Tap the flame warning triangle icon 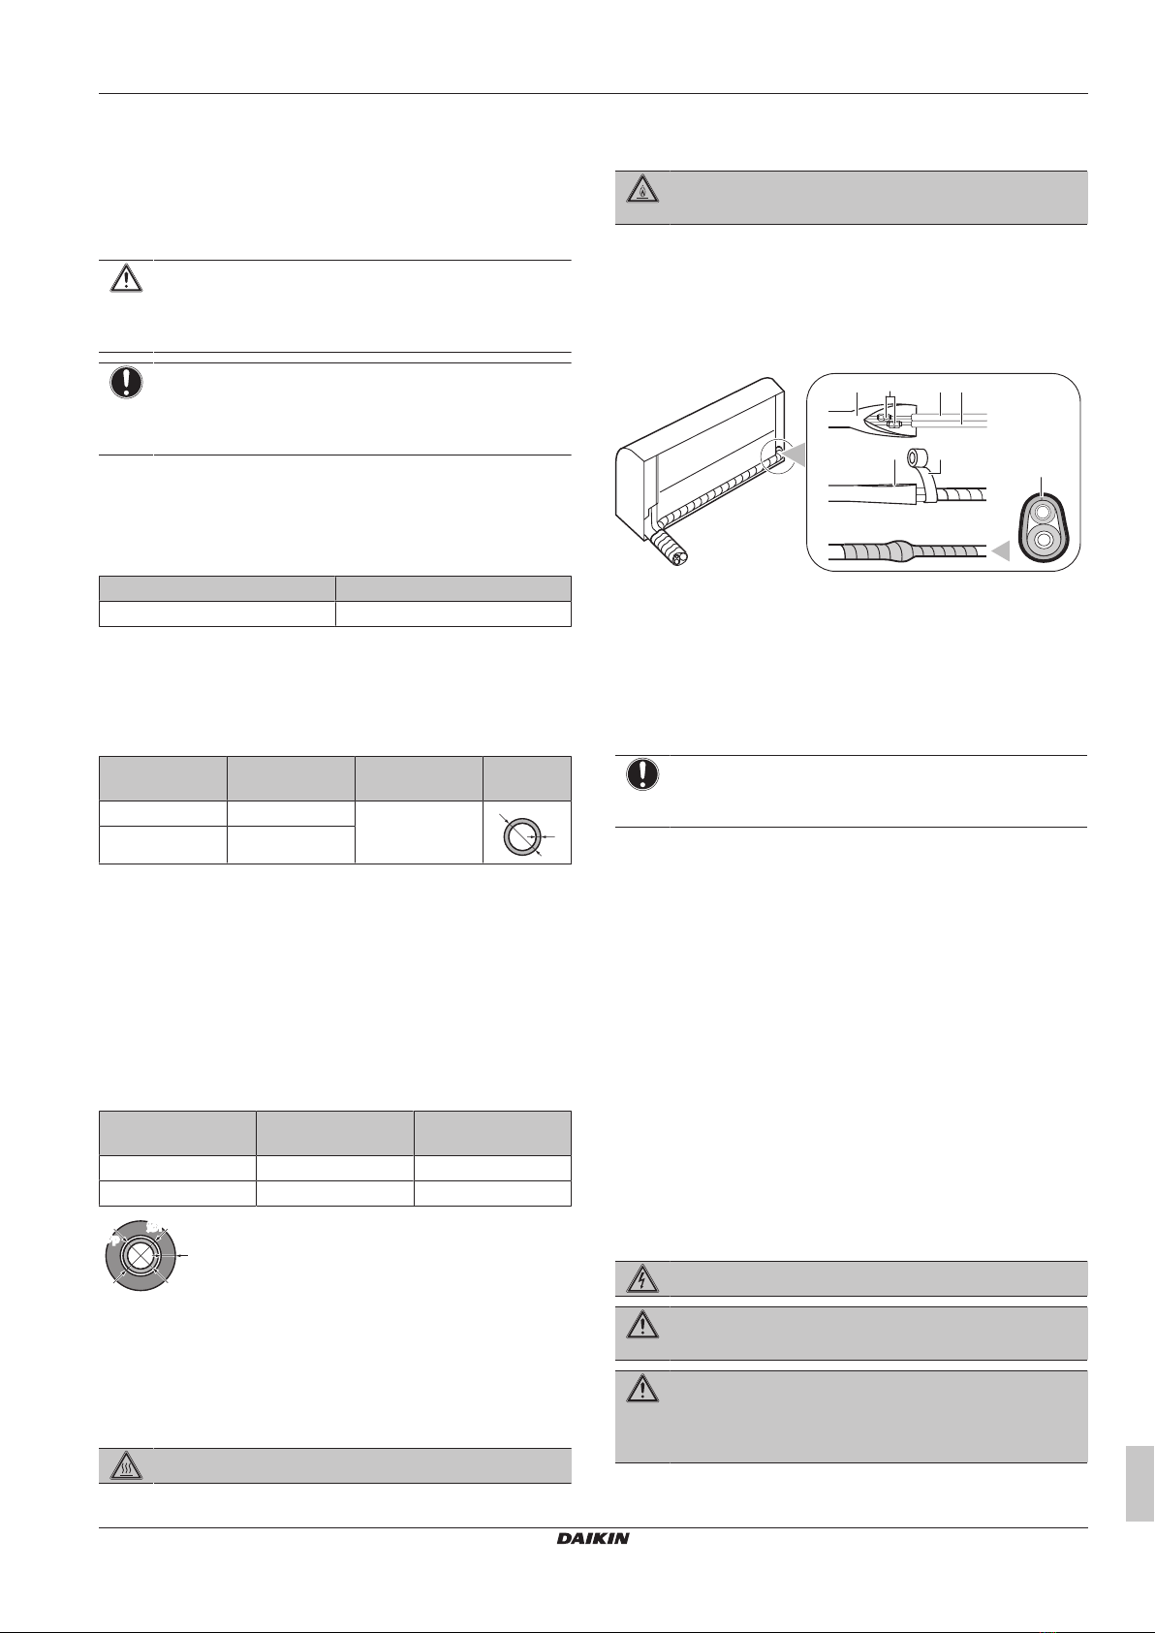642,190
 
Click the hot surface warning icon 126,1466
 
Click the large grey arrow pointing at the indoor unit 795,456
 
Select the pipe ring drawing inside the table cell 521,834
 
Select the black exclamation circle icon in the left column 126,382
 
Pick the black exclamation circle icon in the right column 642,774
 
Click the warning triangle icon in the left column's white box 126,278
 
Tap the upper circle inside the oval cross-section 1043,511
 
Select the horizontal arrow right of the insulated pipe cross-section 182,1255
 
